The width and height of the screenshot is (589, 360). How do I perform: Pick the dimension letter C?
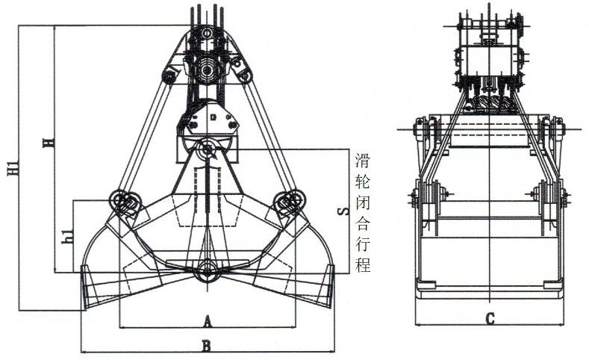coord(490,319)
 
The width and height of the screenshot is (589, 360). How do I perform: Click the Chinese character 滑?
coord(364,160)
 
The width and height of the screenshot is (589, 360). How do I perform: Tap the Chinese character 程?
coord(364,265)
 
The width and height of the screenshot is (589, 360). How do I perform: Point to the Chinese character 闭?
coord(364,202)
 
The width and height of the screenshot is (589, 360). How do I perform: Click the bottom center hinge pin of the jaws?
coord(206,272)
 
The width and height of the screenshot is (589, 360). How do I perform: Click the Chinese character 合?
coord(364,223)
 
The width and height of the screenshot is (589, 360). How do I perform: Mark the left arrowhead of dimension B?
coord(82,350)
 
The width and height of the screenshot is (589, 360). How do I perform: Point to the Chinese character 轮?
coord(364,181)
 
